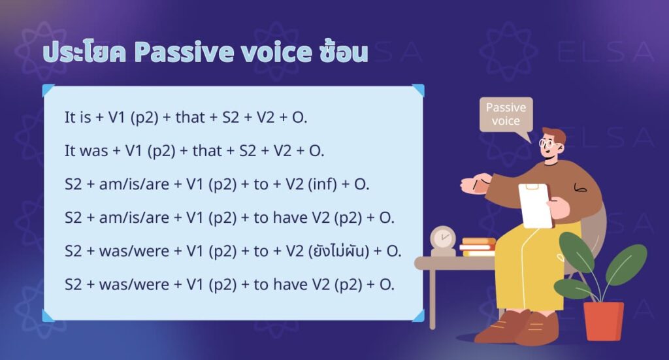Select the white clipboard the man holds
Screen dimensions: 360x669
tap(535, 205)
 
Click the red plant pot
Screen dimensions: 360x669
tap(602, 321)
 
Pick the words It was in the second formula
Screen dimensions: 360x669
tap(86, 151)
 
